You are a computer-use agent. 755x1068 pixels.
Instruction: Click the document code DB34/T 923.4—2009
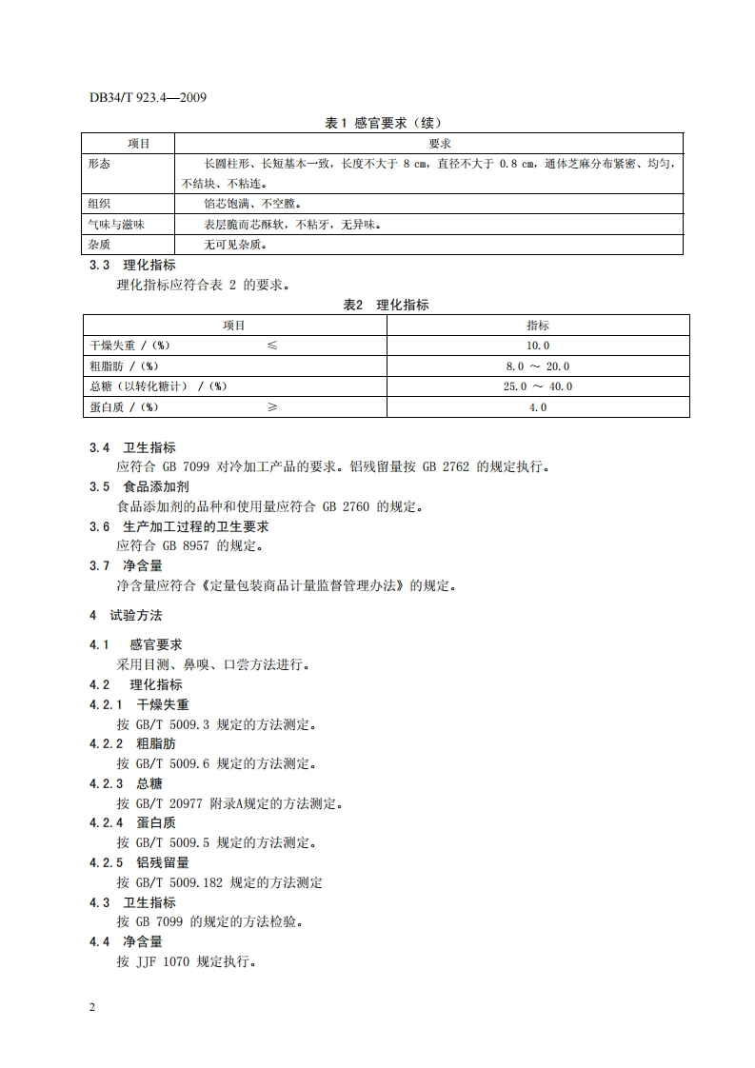[x=148, y=98]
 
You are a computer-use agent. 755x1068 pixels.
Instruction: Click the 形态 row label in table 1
[x=99, y=164]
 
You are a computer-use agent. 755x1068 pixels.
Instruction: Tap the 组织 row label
[x=99, y=204]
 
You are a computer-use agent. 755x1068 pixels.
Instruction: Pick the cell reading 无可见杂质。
[x=234, y=245]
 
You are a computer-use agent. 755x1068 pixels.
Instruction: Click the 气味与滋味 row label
[x=116, y=225]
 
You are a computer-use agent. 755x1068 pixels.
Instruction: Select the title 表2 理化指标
[x=386, y=305]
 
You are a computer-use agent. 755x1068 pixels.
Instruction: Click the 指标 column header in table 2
[x=538, y=326]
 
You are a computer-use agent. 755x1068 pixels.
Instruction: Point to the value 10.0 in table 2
[x=538, y=346]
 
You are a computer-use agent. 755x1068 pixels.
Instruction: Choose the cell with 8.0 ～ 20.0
[x=538, y=366]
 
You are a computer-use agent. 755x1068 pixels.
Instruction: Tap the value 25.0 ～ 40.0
[x=538, y=386]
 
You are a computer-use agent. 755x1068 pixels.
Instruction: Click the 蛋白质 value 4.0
[x=538, y=407]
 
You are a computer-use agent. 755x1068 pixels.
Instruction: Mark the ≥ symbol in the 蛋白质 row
[x=272, y=407]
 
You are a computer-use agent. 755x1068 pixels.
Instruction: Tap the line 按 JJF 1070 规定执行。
[x=187, y=961]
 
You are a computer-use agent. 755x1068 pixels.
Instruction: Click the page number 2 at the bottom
[x=92, y=1008]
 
